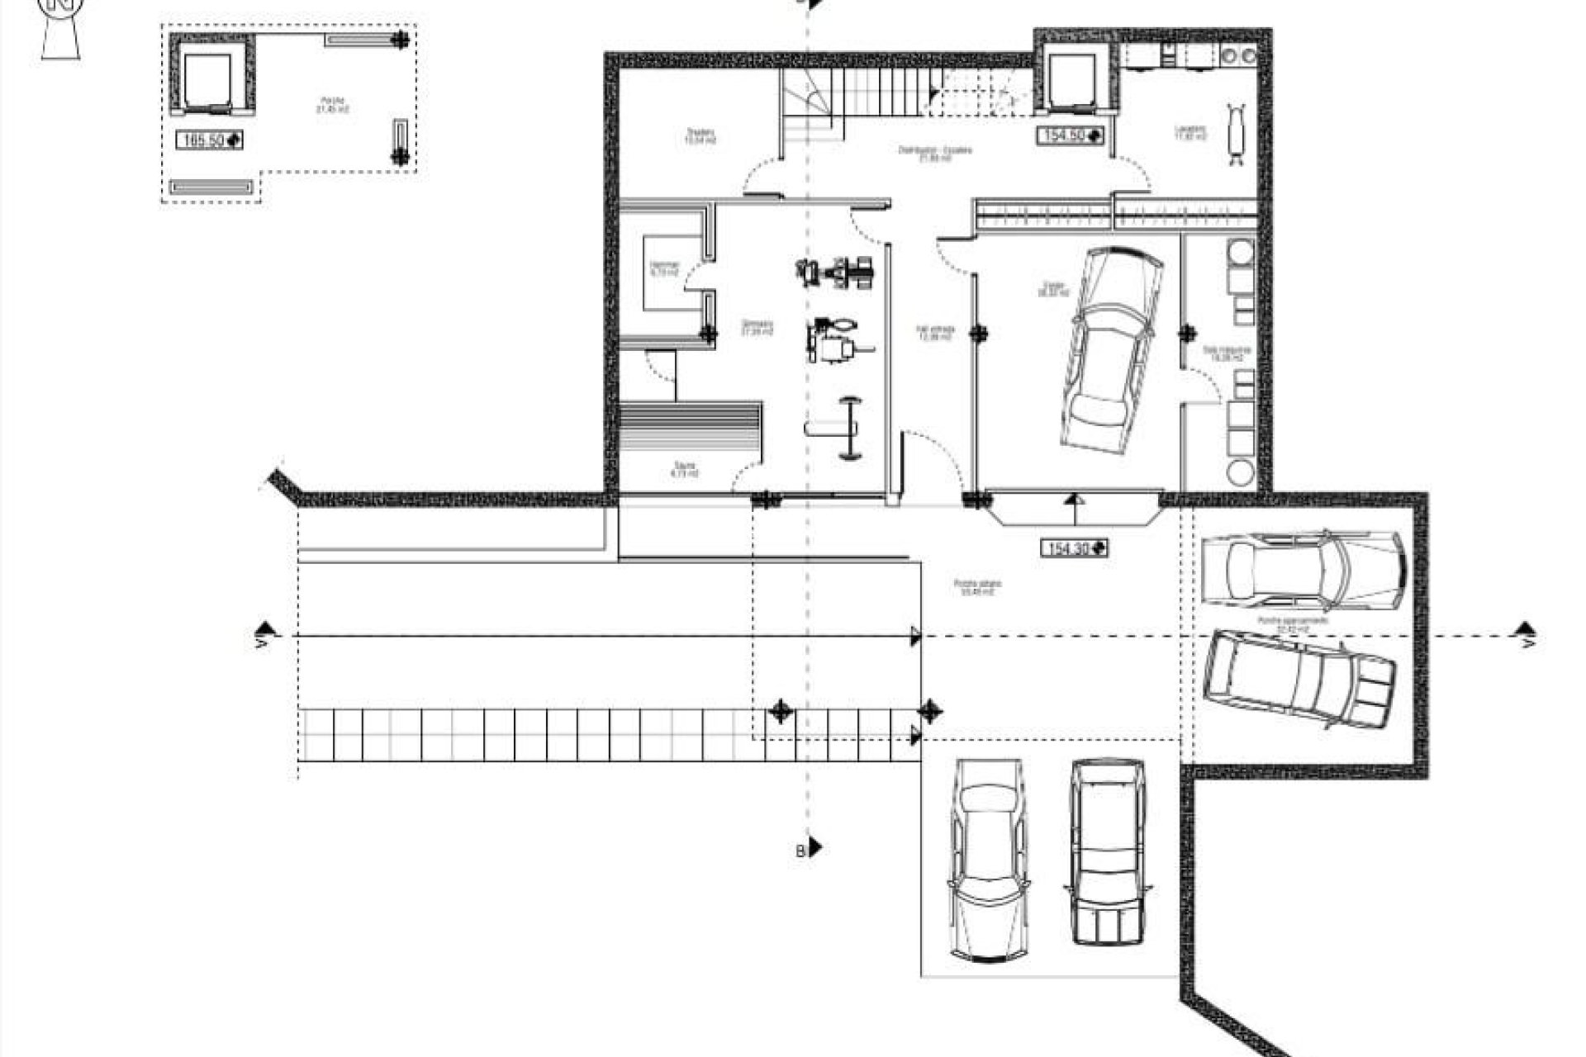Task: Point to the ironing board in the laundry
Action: (x=1237, y=132)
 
